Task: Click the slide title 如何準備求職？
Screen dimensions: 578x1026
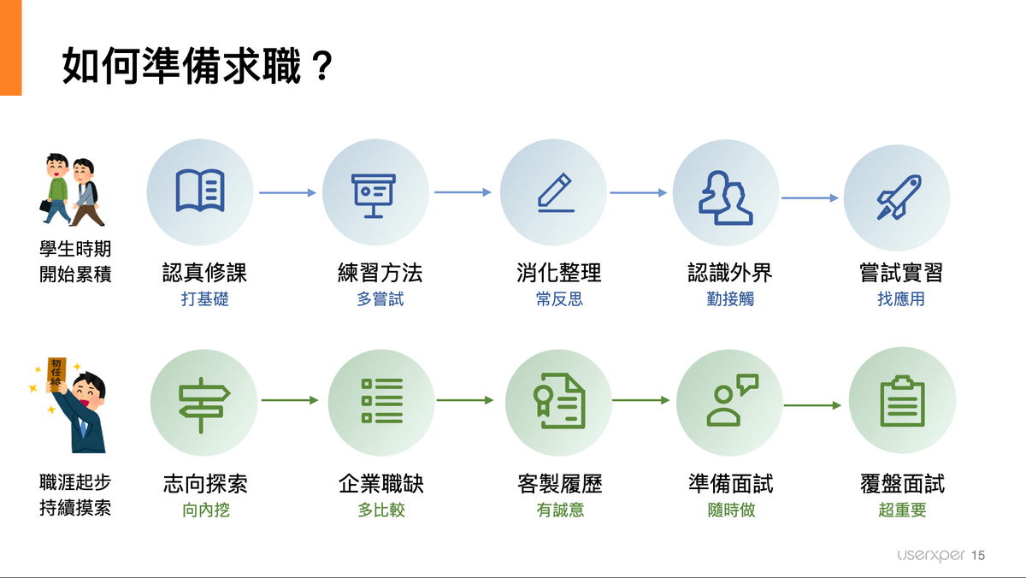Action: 196,66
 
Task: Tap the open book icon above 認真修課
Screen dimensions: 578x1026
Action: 200,191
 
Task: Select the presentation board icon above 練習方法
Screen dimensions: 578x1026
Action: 374,194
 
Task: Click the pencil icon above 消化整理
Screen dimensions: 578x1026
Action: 554,192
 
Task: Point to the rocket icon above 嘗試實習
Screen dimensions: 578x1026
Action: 898,197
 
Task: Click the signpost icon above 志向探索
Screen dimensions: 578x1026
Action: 203,402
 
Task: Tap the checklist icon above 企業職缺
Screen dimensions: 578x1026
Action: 381,400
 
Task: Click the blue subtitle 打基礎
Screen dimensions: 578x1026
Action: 205,300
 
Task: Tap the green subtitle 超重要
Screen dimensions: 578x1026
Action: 902,510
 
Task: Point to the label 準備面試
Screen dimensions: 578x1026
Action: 730,484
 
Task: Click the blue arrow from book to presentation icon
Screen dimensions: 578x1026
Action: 287,192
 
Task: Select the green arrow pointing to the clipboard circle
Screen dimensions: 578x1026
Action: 812,405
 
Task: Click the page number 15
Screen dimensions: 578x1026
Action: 979,556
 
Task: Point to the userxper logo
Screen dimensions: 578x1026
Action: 931,556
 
